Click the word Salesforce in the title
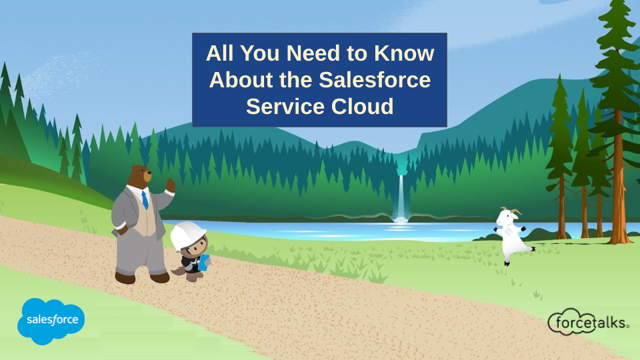(374, 79)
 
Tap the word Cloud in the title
(362, 106)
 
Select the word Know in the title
(404, 53)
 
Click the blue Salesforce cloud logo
(51, 321)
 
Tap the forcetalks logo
(588, 322)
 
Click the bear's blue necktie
(145, 199)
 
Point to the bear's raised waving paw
(170, 186)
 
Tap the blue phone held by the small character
(205, 262)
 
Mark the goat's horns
(512, 211)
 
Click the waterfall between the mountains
(401, 199)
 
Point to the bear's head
(139, 176)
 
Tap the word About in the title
(241, 79)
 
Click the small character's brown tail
(178, 271)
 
